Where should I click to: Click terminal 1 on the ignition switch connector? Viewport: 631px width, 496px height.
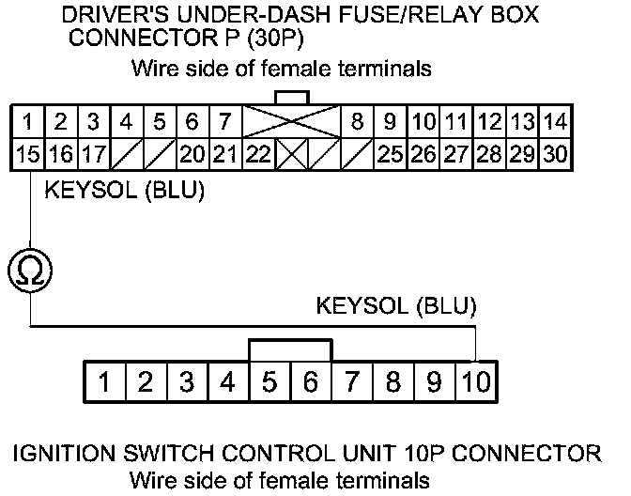click(106, 382)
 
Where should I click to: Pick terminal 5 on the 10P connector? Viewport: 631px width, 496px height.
click(270, 382)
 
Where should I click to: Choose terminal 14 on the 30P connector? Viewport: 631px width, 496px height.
click(554, 122)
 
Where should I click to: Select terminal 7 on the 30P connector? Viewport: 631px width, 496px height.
click(225, 122)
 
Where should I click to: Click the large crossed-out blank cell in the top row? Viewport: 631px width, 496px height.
click(290, 122)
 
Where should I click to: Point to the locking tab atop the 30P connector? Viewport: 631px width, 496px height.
click(290, 98)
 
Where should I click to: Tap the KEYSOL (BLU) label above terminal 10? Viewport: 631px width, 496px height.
click(396, 306)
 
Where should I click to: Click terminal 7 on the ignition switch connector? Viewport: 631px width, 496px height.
click(352, 382)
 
